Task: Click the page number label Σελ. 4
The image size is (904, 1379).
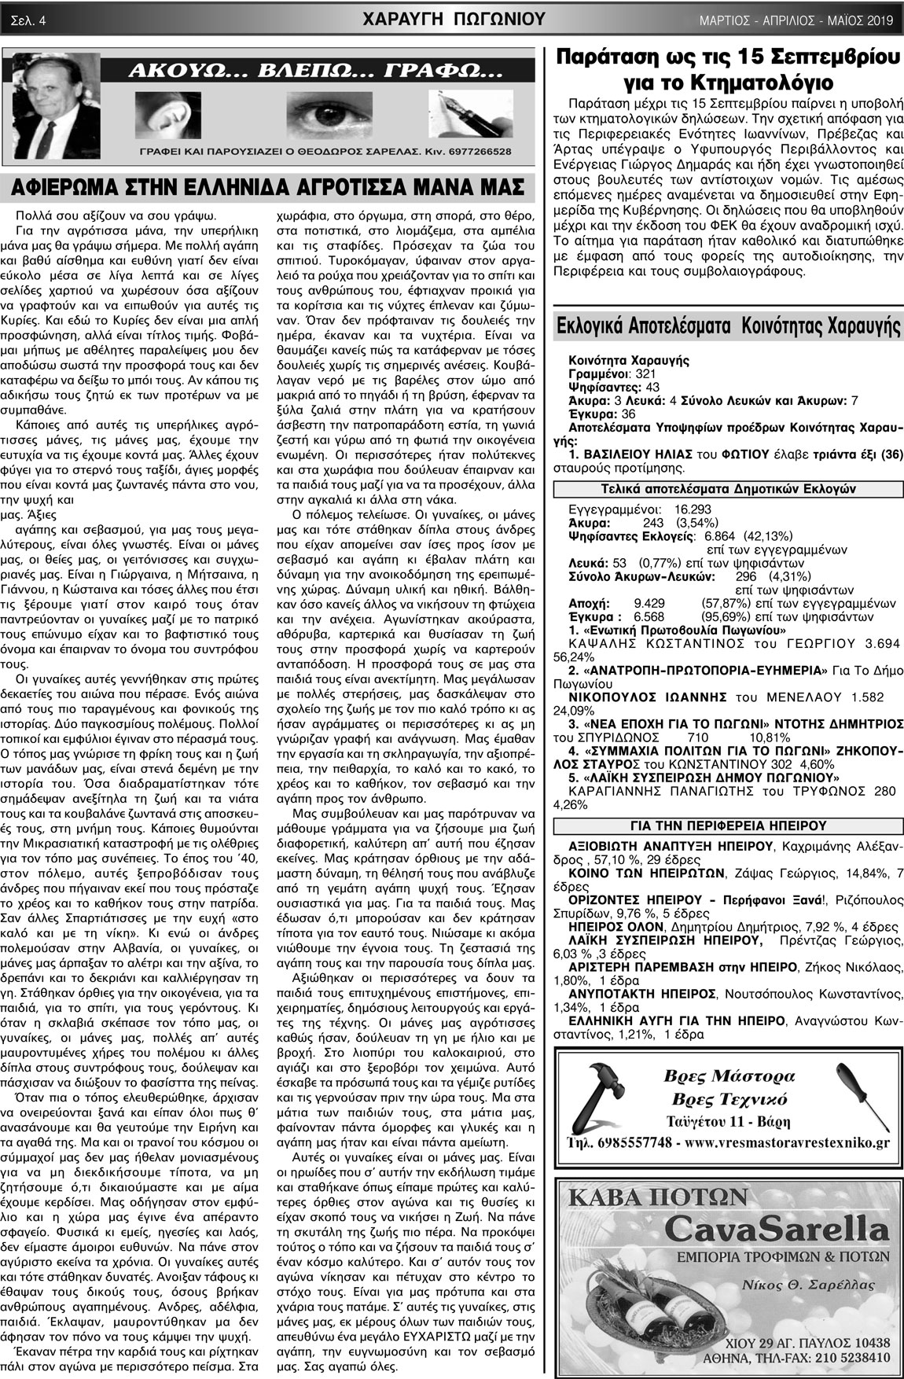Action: [28, 20]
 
